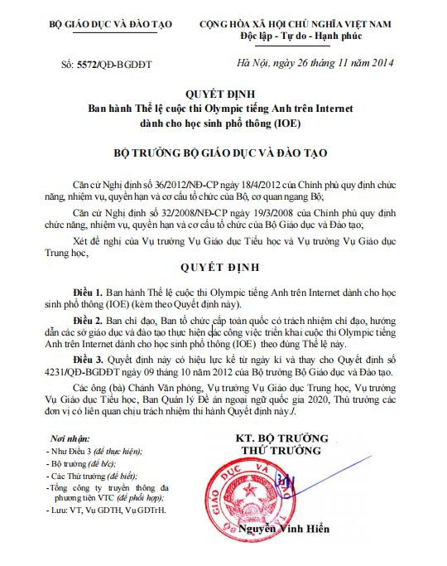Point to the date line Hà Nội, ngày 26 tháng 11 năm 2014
(315, 62)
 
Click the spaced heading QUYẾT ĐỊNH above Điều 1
(221, 268)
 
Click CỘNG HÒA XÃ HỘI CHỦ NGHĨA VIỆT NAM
(308, 24)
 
